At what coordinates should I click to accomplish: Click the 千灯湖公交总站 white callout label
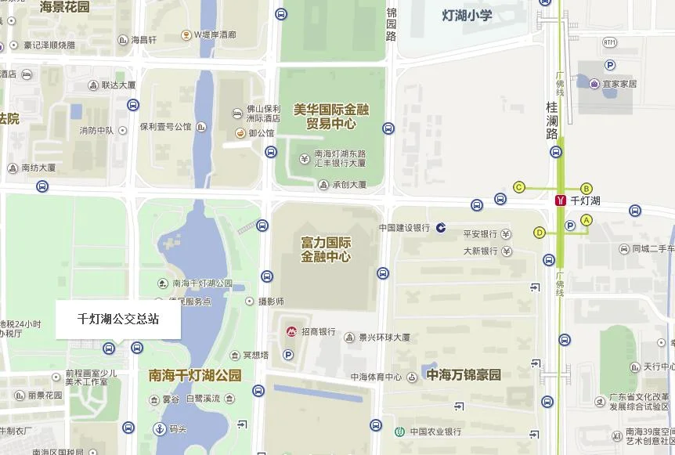click(117, 320)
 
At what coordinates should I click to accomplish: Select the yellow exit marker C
click(518, 186)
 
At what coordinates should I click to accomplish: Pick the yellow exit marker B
click(587, 188)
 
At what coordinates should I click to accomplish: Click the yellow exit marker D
click(539, 232)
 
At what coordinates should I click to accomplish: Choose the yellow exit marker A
click(587, 220)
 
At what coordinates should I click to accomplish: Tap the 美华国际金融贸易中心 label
click(330, 117)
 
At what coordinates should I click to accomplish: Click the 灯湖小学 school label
click(467, 15)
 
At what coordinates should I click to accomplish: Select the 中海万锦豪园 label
click(464, 374)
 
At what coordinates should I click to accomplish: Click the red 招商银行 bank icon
click(290, 332)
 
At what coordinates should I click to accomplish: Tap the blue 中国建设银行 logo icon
click(441, 228)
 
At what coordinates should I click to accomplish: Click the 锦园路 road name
click(392, 24)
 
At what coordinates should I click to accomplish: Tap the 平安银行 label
click(480, 234)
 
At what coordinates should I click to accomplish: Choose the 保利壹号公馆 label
click(165, 126)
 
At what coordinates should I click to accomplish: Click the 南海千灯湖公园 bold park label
click(195, 376)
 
